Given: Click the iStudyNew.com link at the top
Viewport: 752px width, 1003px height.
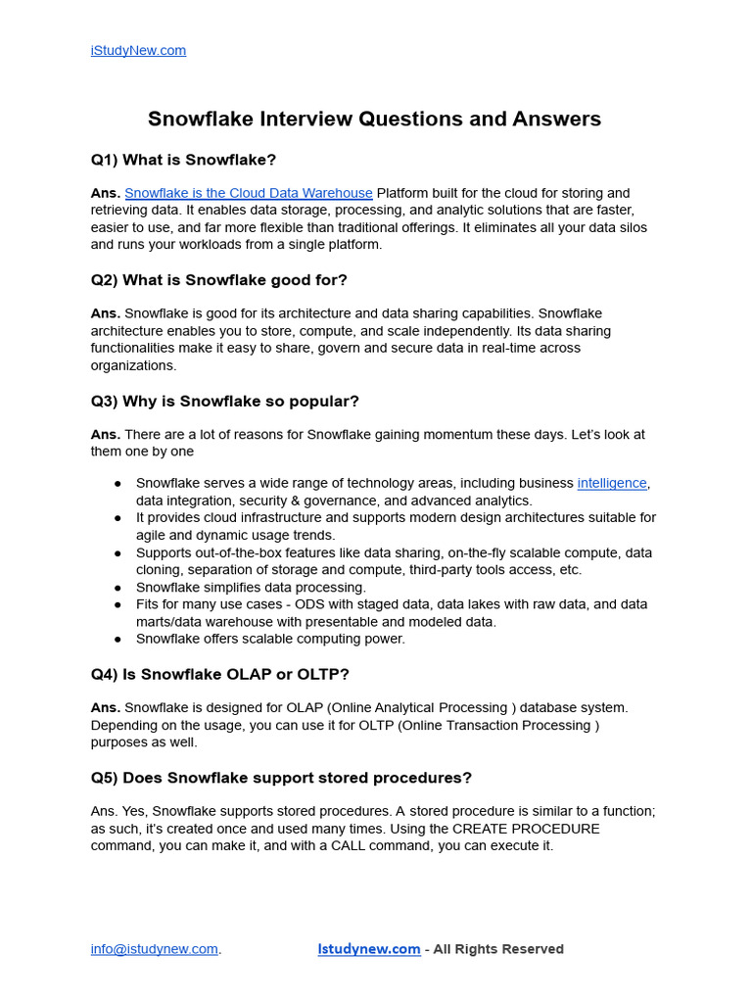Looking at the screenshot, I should click(x=138, y=50).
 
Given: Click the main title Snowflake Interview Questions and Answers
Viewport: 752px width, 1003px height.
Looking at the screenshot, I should click(x=374, y=119).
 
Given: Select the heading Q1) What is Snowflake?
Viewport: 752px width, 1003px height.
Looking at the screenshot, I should click(x=183, y=160).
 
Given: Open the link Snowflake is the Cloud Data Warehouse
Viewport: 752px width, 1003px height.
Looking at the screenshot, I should click(x=248, y=193).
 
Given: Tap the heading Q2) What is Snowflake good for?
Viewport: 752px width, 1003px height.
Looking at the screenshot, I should click(x=218, y=280).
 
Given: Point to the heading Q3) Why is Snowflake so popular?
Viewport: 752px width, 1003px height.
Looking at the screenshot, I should click(x=224, y=402).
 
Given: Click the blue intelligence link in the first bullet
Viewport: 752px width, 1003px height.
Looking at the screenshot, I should click(x=612, y=483).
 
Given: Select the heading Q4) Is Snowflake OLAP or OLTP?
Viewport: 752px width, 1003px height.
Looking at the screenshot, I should click(x=219, y=674).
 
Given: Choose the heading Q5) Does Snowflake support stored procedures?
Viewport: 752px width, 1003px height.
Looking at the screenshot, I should click(x=281, y=778).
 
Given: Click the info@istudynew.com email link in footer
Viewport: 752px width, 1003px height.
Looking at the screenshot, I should click(x=154, y=949).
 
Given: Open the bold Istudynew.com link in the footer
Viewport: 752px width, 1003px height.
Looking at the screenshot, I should click(x=369, y=949).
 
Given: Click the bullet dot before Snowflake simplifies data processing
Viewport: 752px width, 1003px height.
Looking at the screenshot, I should click(x=117, y=588).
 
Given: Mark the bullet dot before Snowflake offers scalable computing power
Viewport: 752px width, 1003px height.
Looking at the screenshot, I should click(x=117, y=640).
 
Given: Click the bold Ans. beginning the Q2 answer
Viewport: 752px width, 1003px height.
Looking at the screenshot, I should click(x=106, y=313).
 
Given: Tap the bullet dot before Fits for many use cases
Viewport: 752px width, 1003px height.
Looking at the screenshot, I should click(x=117, y=605).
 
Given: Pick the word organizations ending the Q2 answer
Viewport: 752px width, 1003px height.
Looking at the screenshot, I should click(x=134, y=365).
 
